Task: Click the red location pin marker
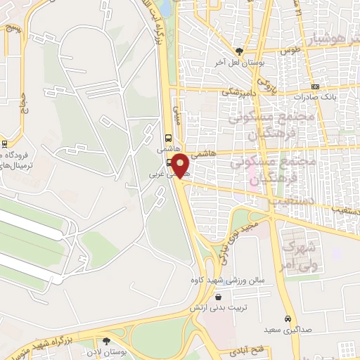click(x=181, y=166)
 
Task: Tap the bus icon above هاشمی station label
click(x=169, y=138)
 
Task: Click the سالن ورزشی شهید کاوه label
click(x=218, y=281)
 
